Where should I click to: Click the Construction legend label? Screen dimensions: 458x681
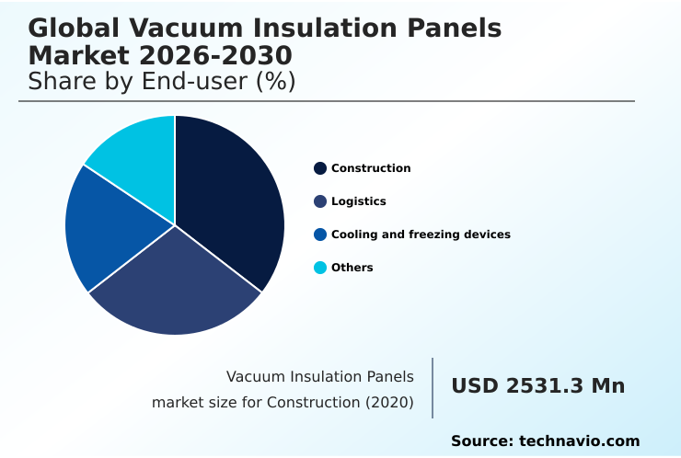tap(371, 168)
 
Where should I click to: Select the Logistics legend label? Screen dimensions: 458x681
tap(358, 201)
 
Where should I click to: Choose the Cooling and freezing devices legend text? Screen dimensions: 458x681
tap(421, 235)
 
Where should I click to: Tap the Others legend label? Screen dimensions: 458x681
tap(352, 268)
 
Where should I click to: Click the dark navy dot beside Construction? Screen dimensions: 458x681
tap(320, 168)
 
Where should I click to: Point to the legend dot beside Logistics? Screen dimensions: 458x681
tap(320, 201)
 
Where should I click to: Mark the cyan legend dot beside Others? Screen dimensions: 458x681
tap(320, 268)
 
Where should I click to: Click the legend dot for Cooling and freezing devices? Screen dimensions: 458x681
tap(320, 235)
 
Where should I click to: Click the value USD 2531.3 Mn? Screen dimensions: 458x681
tap(537, 386)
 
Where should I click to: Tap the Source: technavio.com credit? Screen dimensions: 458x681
tap(545, 441)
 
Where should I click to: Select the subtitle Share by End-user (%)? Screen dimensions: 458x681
tap(162, 81)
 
